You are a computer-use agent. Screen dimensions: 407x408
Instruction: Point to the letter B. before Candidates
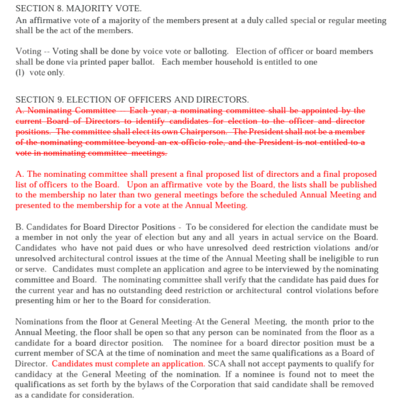(x=20, y=227)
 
